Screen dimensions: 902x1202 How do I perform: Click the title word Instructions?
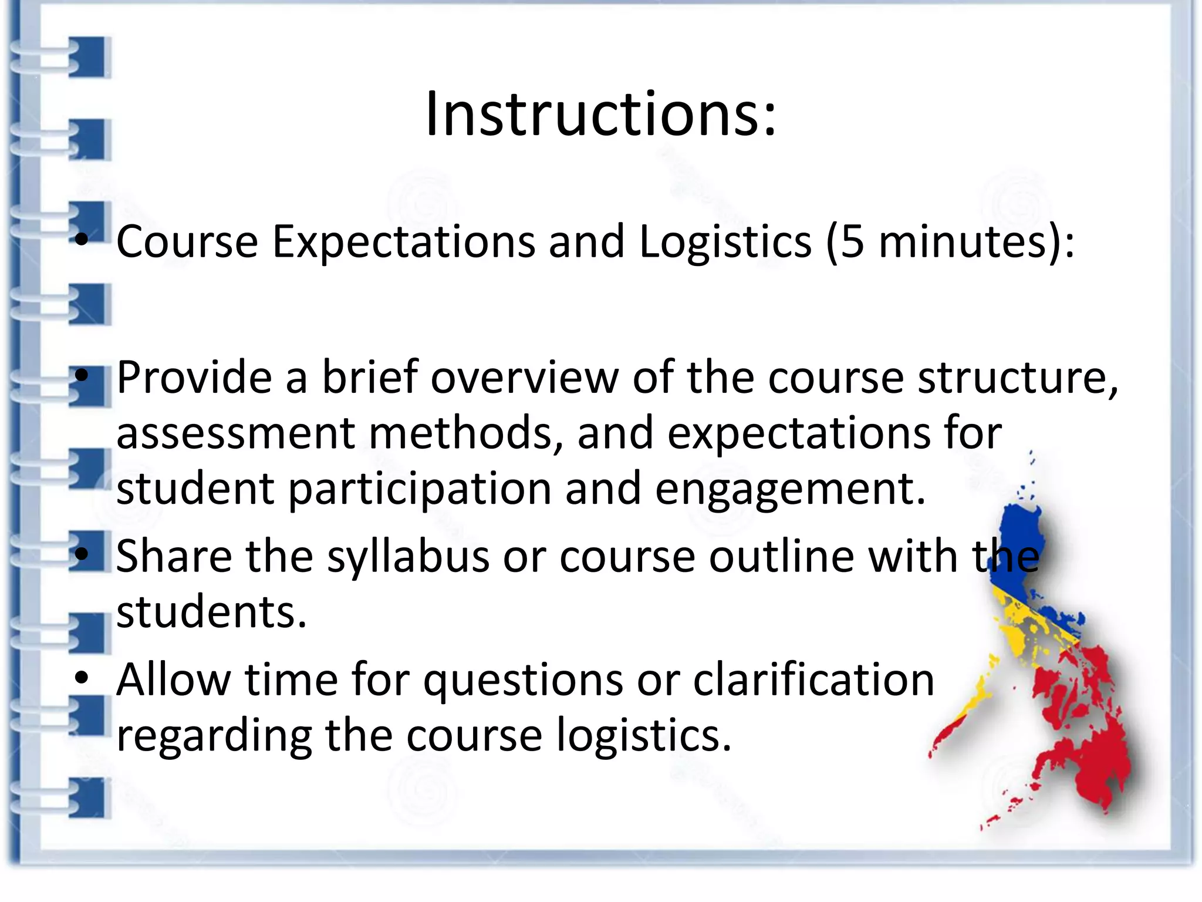click(x=600, y=115)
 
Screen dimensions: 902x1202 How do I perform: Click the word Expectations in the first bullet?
click(x=403, y=242)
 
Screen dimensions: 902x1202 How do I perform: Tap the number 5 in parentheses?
click(x=852, y=242)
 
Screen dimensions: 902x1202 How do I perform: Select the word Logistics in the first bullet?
click(x=725, y=242)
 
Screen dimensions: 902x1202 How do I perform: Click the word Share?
click(x=174, y=557)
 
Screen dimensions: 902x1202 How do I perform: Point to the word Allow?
click(x=174, y=680)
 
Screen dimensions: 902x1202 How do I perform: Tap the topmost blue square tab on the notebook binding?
click(x=90, y=57)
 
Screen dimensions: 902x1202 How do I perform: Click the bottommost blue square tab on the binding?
click(x=90, y=797)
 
